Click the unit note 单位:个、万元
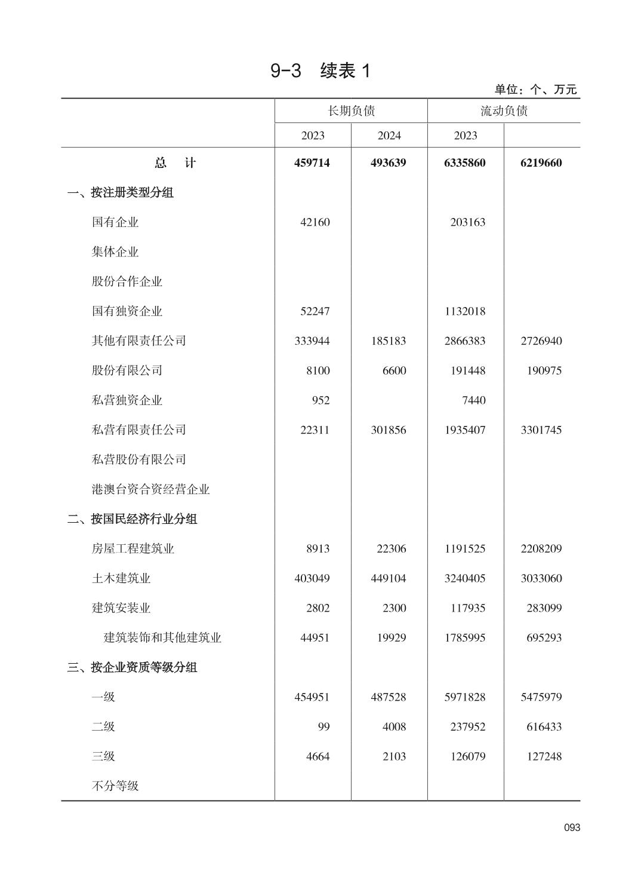(x=535, y=90)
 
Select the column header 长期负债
(x=351, y=111)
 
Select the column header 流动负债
(x=504, y=111)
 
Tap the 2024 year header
(x=389, y=136)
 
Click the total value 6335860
(x=465, y=163)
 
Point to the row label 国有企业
(x=115, y=222)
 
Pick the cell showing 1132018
(x=465, y=311)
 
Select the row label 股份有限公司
(x=127, y=370)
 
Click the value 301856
(x=388, y=430)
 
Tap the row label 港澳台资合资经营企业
(x=151, y=489)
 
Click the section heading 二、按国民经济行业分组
(x=132, y=519)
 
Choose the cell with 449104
(x=388, y=578)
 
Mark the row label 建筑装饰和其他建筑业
(x=162, y=637)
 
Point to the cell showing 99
(x=323, y=727)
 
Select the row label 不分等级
(x=115, y=786)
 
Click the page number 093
(x=572, y=827)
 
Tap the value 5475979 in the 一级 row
(x=541, y=697)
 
